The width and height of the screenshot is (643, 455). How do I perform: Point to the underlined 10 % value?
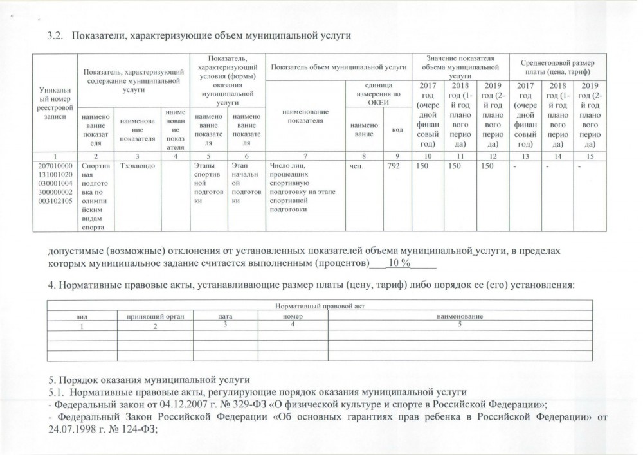point(399,264)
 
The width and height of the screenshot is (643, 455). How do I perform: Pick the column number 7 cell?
point(305,156)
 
